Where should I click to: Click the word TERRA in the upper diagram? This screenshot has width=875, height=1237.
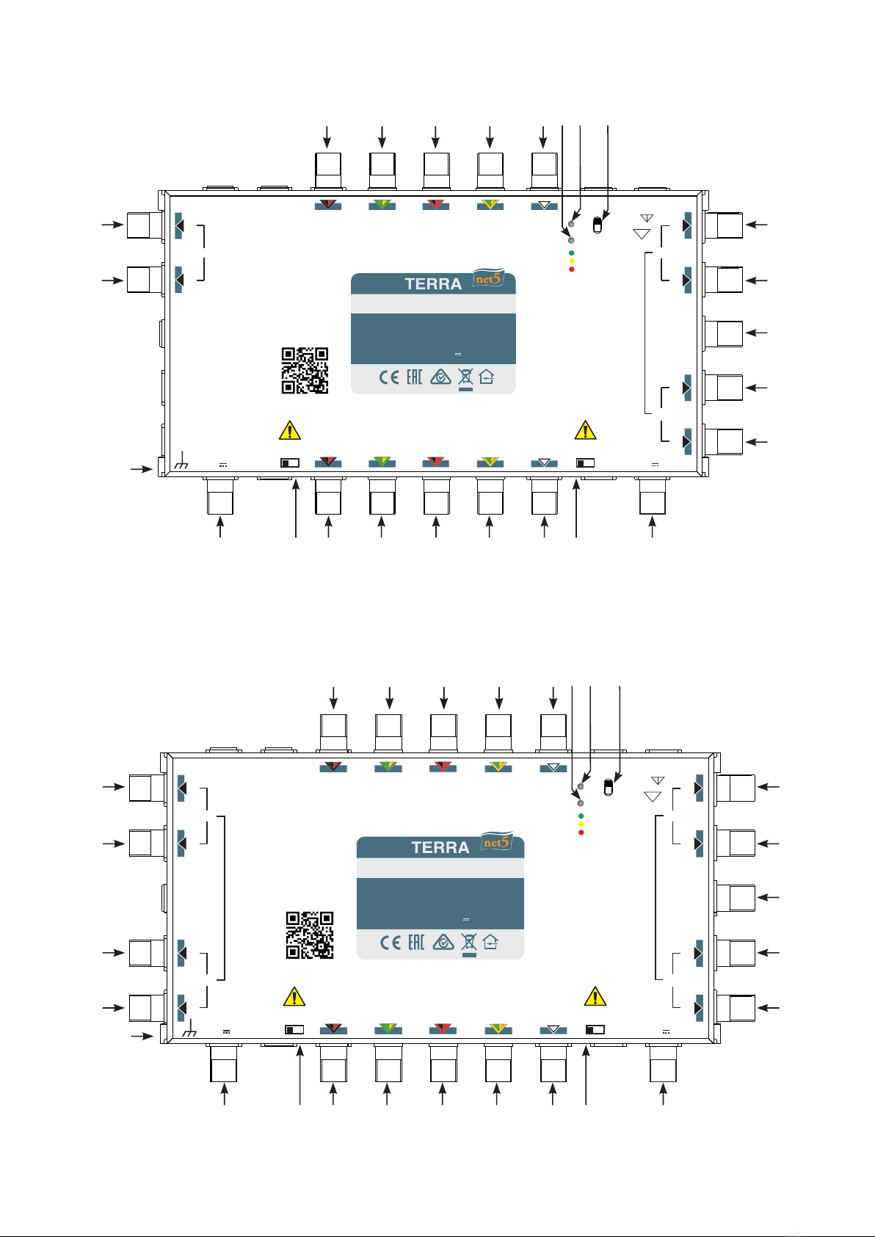click(x=433, y=284)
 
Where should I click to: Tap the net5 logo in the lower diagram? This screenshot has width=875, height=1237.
click(x=496, y=841)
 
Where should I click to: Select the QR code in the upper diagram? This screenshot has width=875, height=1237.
click(x=305, y=371)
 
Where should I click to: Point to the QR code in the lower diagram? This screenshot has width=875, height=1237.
click(x=310, y=935)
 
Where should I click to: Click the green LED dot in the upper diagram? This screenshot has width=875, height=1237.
click(x=571, y=253)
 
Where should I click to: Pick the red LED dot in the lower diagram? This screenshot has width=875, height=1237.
click(x=581, y=832)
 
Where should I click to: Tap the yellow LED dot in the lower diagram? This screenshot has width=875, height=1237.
click(x=581, y=824)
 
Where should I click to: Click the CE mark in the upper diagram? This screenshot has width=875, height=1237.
click(x=388, y=377)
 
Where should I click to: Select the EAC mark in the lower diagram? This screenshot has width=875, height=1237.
click(x=416, y=942)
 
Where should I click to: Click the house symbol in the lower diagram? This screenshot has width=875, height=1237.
click(x=490, y=942)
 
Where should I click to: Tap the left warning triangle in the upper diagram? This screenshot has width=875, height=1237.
click(x=290, y=430)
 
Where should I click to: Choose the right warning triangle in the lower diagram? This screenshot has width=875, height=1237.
click(x=595, y=996)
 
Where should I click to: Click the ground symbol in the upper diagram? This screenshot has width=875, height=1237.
click(x=181, y=460)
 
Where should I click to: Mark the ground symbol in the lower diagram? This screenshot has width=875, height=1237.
click(x=189, y=1028)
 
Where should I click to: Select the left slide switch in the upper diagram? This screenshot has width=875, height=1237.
click(x=290, y=462)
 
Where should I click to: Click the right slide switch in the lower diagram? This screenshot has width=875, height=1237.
click(x=595, y=1029)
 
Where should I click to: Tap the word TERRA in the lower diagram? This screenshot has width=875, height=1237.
click(x=440, y=847)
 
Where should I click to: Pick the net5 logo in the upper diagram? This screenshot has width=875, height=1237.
click(x=488, y=278)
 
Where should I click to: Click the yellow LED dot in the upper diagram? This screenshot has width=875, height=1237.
click(x=571, y=261)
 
